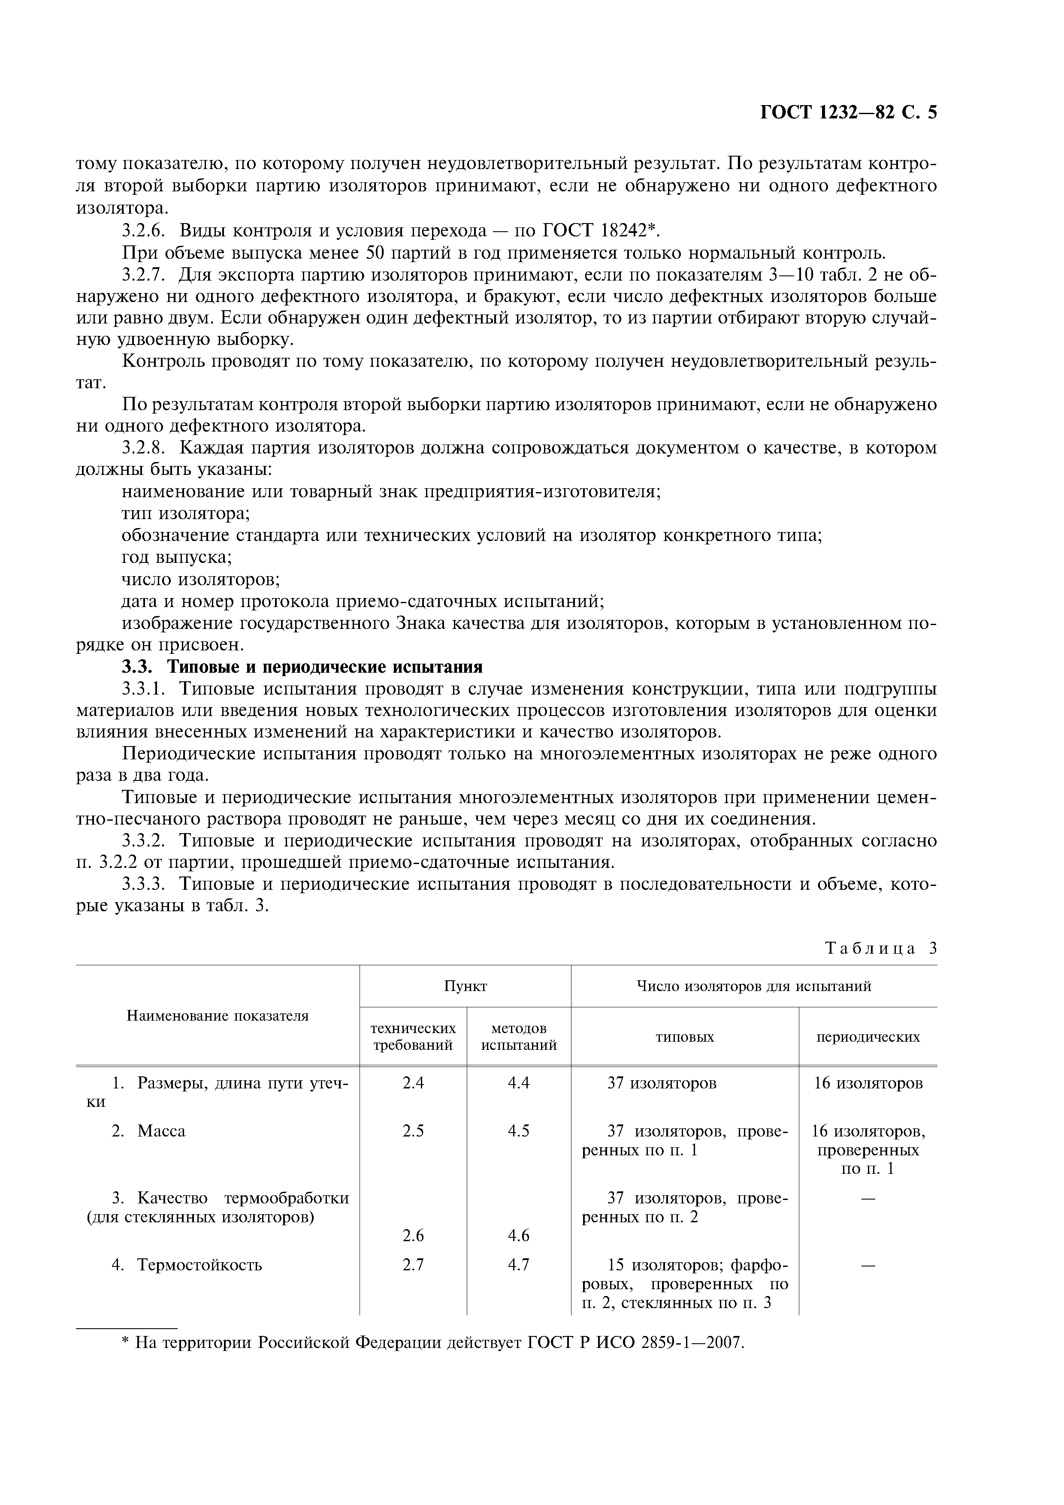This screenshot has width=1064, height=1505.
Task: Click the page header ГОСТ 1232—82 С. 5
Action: (848, 113)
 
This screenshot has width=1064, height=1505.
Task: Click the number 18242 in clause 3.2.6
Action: (624, 231)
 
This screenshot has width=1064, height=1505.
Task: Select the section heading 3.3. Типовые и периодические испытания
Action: (302, 667)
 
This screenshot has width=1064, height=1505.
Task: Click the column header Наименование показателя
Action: (217, 1016)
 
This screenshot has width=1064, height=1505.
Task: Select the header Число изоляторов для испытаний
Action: (754, 986)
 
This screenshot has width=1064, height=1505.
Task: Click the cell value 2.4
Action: (413, 1084)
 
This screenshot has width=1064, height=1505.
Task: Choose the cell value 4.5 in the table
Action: (519, 1131)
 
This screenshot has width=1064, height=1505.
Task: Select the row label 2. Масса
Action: (149, 1131)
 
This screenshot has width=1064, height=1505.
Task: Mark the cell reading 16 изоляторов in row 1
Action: (868, 1084)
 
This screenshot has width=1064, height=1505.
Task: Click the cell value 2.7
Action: (413, 1264)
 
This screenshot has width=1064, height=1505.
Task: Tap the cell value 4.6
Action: (519, 1236)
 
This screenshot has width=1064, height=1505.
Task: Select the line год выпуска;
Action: (177, 558)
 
